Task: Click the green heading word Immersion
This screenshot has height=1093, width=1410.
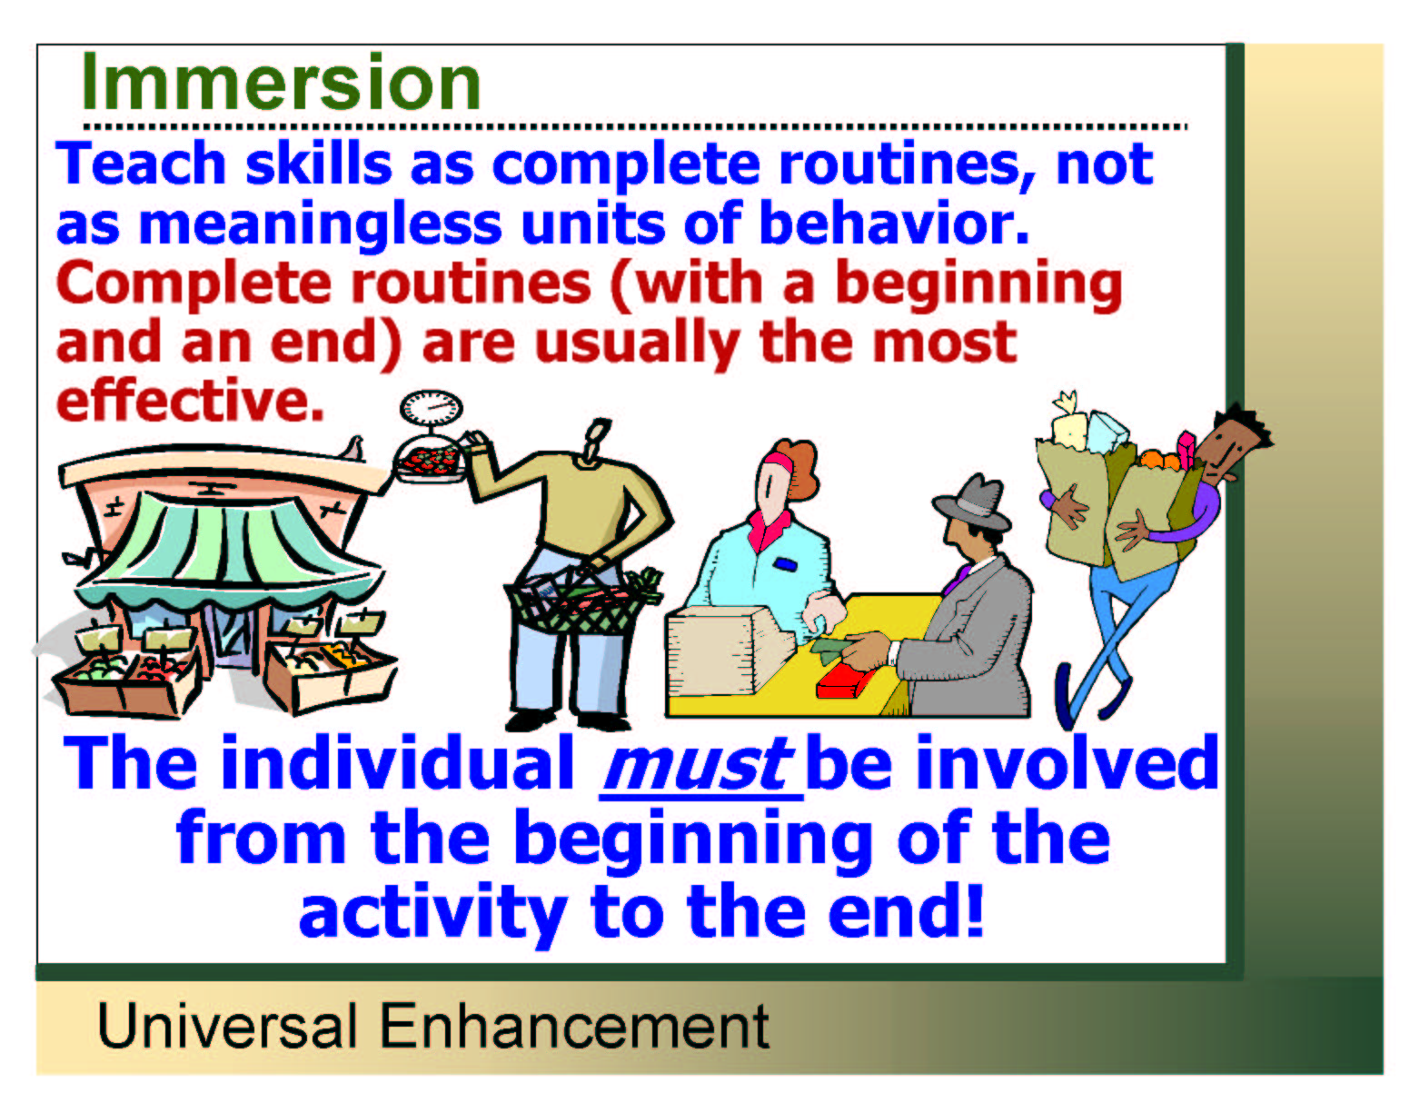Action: (x=281, y=83)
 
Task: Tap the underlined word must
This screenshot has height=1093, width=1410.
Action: (x=698, y=763)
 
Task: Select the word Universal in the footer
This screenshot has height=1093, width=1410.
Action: (x=226, y=1026)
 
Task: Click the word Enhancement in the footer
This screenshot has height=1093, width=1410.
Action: (x=574, y=1026)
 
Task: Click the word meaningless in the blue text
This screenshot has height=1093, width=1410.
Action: (x=320, y=224)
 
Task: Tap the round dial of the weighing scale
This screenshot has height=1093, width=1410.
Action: (x=431, y=408)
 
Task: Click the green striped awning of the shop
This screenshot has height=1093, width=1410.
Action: (x=227, y=551)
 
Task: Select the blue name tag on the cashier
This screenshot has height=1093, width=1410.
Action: (x=785, y=564)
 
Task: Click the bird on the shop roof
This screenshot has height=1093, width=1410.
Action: (x=354, y=449)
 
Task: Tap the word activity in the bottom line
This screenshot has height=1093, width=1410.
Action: (x=433, y=911)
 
